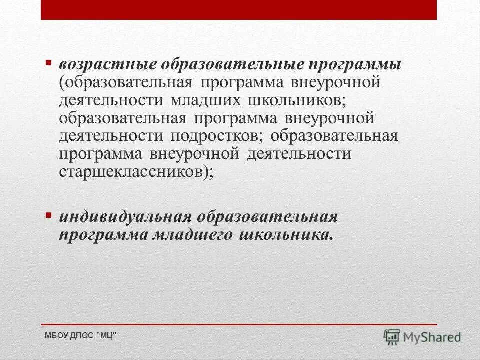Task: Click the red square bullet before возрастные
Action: (x=48, y=63)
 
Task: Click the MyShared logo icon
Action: (x=392, y=337)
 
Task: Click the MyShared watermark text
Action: (x=433, y=337)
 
